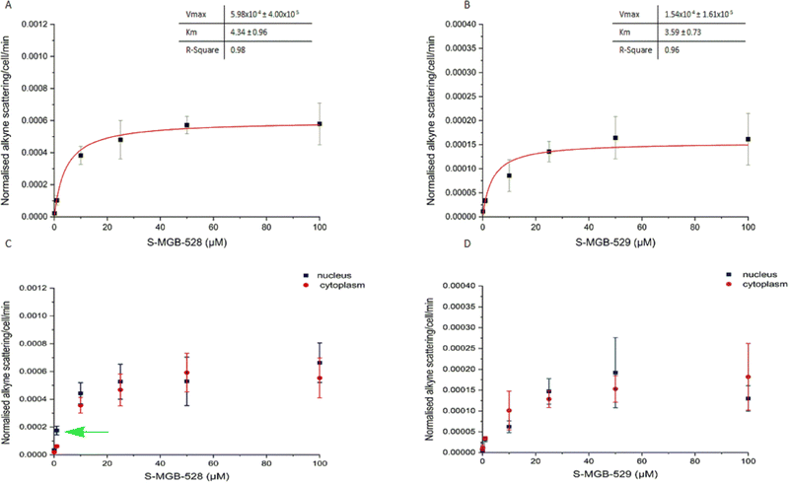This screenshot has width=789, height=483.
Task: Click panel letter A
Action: click(6, 5)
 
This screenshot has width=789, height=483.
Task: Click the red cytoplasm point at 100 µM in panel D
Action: click(749, 377)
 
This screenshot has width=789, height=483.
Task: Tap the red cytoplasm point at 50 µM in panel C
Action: click(186, 374)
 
